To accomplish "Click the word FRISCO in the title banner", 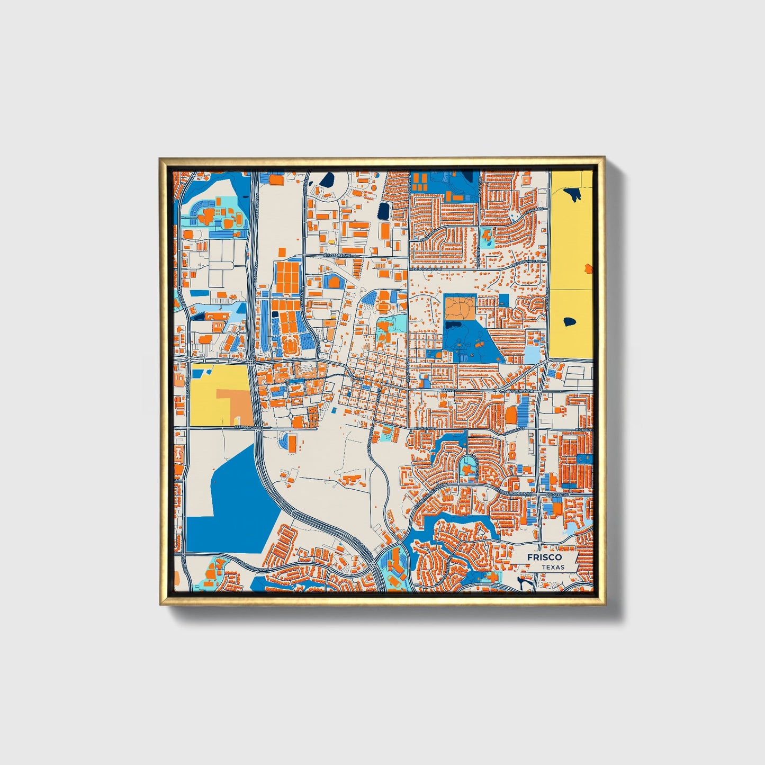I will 544,557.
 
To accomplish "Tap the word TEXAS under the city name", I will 553,567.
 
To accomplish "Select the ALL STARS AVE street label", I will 337,255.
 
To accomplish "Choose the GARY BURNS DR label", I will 520,391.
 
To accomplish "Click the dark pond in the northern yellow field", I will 573,194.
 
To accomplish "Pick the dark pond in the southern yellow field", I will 570,321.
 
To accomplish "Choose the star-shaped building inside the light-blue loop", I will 466,469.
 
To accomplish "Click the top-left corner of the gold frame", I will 160,159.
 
